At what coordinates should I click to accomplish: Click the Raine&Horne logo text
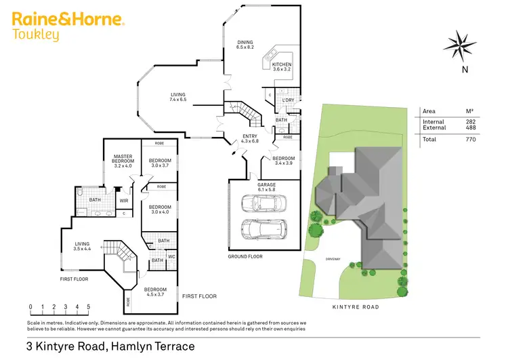[68, 20]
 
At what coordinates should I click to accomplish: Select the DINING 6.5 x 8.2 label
[245, 45]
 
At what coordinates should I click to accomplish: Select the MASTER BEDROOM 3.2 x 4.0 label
[123, 160]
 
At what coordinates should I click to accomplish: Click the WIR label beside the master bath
[124, 201]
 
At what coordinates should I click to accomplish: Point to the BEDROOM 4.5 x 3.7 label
[155, 292]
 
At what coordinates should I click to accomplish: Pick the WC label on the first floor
[171, 256]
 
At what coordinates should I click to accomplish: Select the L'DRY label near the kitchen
[288, 100]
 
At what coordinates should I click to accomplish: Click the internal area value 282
[471, 121]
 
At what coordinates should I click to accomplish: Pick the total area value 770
[471, 139]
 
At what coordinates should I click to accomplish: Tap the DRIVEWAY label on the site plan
[332, 259]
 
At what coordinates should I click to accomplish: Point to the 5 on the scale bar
[89, 307]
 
